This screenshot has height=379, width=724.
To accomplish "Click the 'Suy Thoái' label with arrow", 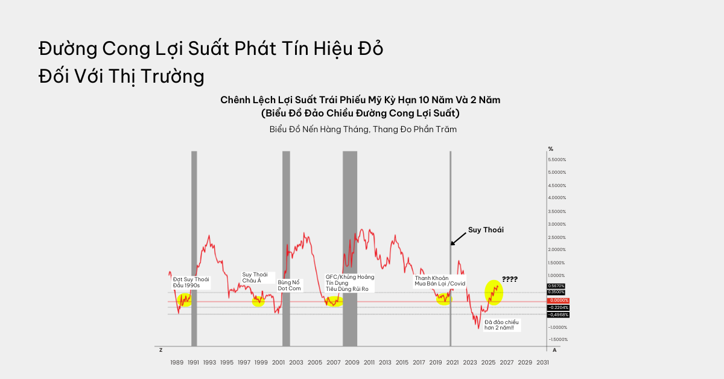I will click(x=486, y=230).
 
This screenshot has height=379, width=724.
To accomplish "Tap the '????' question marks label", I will click(x=510, y=279).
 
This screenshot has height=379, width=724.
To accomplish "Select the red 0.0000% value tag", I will click(x=557, y=300).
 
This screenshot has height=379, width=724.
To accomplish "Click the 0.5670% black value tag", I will click(x=556, y=285).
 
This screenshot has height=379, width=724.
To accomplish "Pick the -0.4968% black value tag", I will click(x=557, y=314).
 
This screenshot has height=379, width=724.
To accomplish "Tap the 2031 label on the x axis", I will click(x=542, y=362).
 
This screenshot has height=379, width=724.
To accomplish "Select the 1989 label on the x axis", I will click(x=177, y=362).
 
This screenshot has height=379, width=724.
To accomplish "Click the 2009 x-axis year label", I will click(x=352, y=362).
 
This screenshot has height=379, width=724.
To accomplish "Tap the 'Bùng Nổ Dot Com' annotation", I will click(x=288, y=285).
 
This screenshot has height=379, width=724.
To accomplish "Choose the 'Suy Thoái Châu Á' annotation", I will click(x=255, y=278).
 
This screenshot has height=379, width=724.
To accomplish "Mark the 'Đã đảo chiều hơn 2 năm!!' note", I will click(x=502, y=325).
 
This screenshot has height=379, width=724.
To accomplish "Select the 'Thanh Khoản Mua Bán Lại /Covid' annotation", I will click(x=440, y=281).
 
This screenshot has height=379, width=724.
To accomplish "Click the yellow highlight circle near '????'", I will click(x=494, y=292).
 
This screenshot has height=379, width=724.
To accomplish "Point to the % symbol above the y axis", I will click(x=550, y=148).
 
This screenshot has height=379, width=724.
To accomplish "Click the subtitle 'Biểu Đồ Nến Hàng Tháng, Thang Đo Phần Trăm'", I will click(x=363, y=129).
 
